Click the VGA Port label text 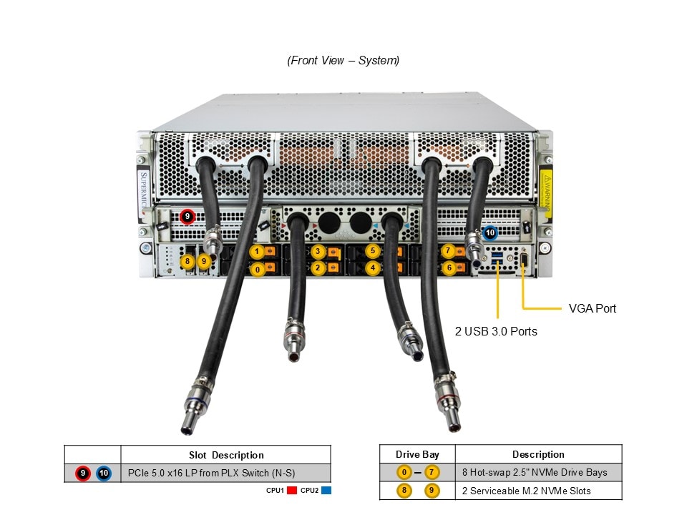tap(592, 309)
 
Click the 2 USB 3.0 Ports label tap(496, 331)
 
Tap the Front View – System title tap(343, 61)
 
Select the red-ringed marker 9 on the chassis tap(187, 215)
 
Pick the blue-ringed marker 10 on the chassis tap(490, 232)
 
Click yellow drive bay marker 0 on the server tap(257, 270)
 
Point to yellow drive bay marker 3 tap(318, 252)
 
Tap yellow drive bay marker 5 tap(372, 251)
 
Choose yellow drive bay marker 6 tap(449, 268)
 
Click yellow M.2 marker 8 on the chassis tap(187, 262)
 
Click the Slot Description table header tap(226, 455)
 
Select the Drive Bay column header tap(416, 454)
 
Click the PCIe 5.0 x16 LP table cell tap(211, 473)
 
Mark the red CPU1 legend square tap(291, 491)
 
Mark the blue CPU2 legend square tap(326, 491)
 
